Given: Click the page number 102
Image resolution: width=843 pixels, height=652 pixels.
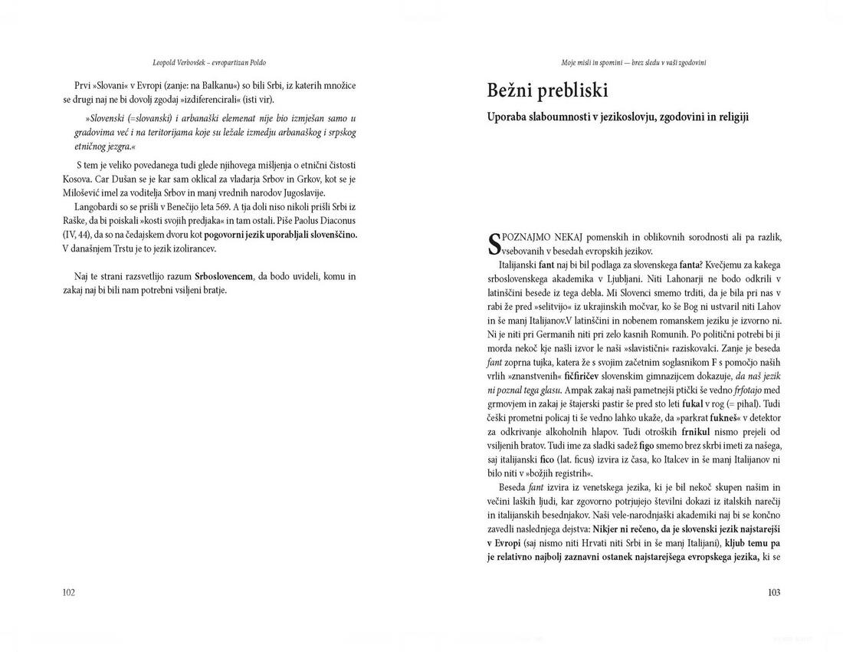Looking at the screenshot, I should (x=68, y=592).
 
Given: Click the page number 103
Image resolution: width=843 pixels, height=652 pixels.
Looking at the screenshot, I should (x=773, y=592).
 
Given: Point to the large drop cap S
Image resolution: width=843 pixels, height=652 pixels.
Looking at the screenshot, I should (x=494, y=244).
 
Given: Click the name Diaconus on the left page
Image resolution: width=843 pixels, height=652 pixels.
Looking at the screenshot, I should (x=332, y=221).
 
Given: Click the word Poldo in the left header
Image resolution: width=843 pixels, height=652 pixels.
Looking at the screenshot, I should (x=257, y=62).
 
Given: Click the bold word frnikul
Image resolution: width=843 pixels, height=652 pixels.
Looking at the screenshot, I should (x=701, y=432).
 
